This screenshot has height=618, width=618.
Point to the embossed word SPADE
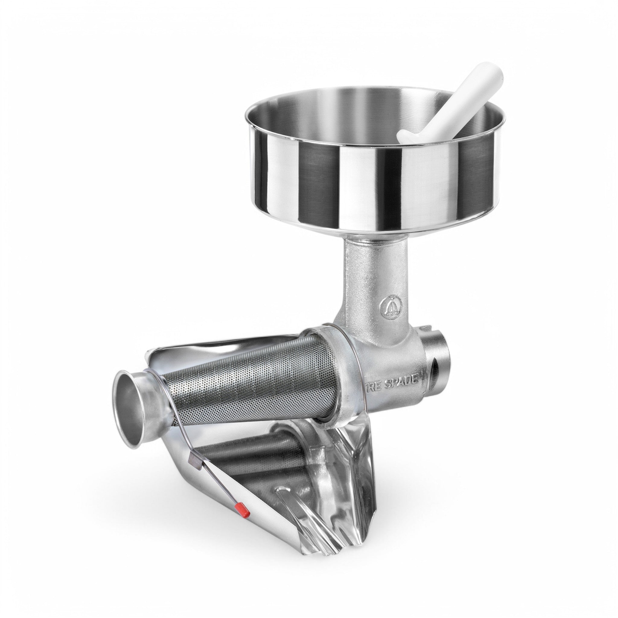(401, 382)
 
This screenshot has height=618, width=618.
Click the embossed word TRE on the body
(374, 388)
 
